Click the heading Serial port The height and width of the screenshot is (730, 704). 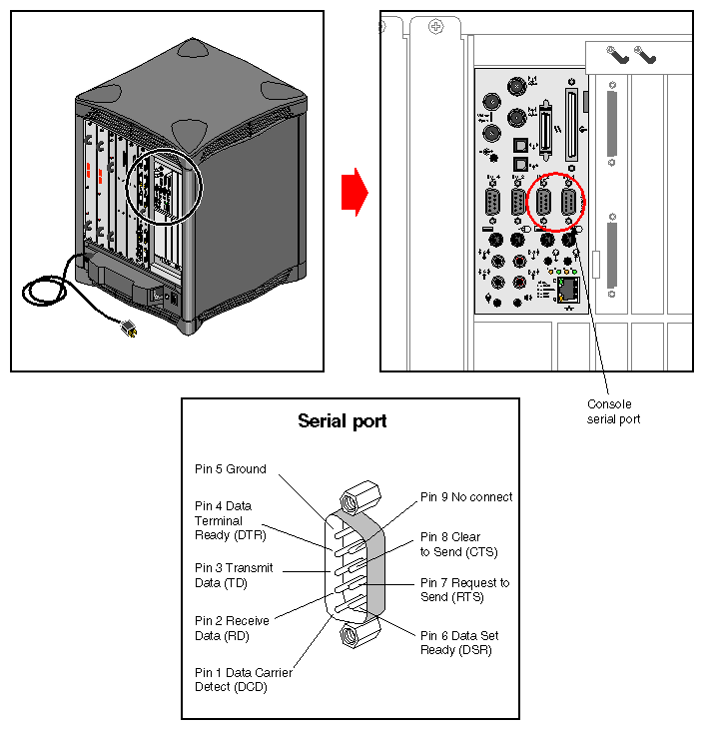pos(343,421)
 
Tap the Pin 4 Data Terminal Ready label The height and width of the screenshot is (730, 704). pos(231,520)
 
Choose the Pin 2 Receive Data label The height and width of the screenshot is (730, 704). pos(232,628)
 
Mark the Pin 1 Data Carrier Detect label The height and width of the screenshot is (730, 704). pos(243,680)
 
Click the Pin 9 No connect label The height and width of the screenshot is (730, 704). pos(466,496)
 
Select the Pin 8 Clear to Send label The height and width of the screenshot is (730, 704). pos(458,544)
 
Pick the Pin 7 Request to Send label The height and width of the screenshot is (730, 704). pos(464,589)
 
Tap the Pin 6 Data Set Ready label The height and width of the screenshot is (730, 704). pos(459,643)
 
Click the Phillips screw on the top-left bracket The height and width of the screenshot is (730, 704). pos(435,27)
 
